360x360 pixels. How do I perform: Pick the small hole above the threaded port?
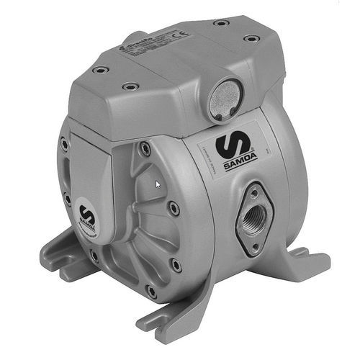(x=253, y=192)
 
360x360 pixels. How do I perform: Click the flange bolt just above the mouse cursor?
(x=145, y=148)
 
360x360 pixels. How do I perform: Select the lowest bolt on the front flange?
(x=150, y=291)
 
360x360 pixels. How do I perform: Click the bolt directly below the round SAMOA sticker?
(x=94, y=254)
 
